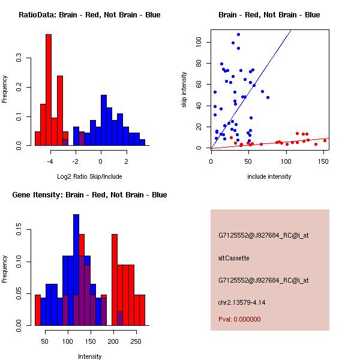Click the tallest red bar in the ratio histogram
point(49,90)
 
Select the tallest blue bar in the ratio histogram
point(104,120)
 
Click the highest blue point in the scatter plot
point(238,35)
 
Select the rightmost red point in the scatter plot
point(325,140)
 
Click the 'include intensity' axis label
point(269,176)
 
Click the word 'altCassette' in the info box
point(233,258)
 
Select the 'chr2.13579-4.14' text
point(242,302)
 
